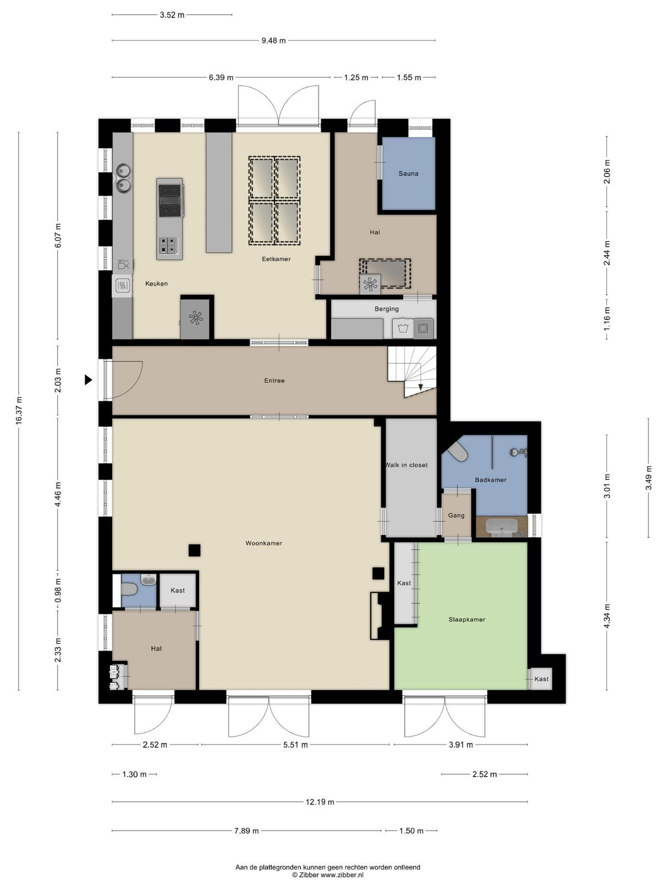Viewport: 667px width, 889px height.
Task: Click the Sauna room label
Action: pyautogui.click(x=408, y=174)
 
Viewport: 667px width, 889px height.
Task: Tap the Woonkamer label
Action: pyautogui.click(x=263, y=543)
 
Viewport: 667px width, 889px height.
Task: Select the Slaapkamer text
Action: pyautogui.click(x=466, y=620)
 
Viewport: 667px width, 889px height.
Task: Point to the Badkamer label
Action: pyautogui.click(x=490, y=480)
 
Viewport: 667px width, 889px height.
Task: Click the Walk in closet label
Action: pyautogui.click(x=406, y=465)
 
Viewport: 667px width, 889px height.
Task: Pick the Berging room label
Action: pyautogui.click(x=386, y=309)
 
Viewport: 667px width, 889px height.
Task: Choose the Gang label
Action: pyautogui.click(x=456, y=516)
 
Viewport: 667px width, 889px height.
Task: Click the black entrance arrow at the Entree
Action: pyautogui.click(x=88, y=380)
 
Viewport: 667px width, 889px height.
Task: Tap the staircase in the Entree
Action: pyautogui.click(x=412, y=372)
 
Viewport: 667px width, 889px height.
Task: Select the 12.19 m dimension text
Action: pyautogui.click(x=320, y=802)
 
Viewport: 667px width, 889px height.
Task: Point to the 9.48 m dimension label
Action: pyautogui.click(x=273, y=41)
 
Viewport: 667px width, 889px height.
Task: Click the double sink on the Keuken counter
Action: pyautogui.click(x=123, y=177)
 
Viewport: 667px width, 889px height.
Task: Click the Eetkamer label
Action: pyautogui.click(x=276, y=259)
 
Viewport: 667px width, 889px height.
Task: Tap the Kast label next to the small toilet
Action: pyautogui.click(x=177, y=591)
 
